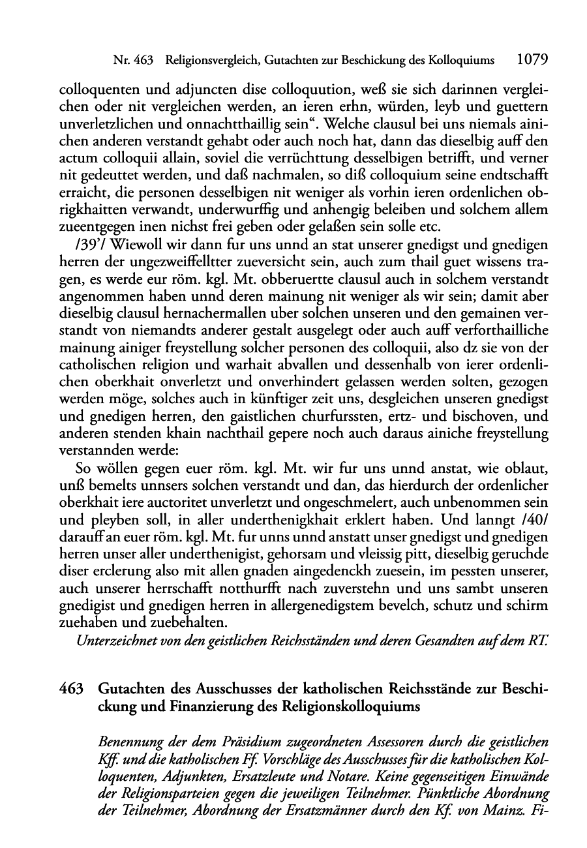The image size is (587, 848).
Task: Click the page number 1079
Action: pyautogui.click(x=531, y=60)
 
